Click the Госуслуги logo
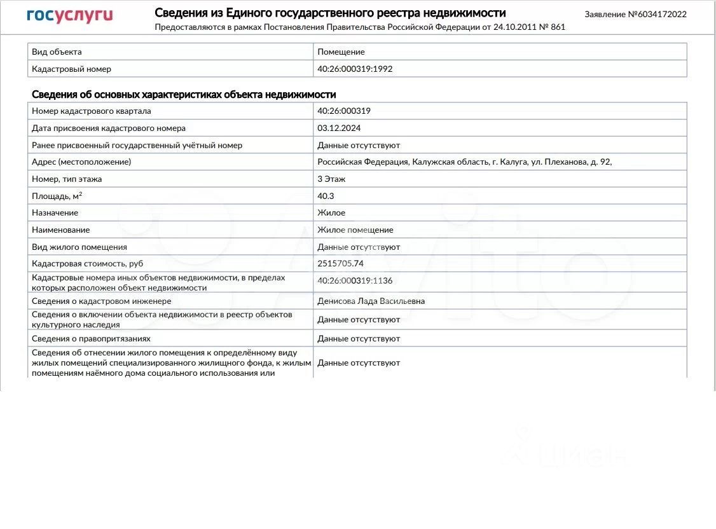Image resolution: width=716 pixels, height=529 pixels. coord(69,15)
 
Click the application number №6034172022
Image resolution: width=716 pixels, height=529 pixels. coord(636,14)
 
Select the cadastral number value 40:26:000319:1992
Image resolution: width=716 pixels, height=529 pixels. coord(355,69)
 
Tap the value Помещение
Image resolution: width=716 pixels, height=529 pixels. coord(341,52)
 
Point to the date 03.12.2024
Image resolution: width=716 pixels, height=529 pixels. coord(339,128)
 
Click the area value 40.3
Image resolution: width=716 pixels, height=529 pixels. coord(326,196)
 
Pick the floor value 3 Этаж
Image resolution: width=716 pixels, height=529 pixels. coord(331,179)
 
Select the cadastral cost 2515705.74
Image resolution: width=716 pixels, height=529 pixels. coord(340,263)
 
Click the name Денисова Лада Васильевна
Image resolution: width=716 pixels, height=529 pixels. coord(371,301)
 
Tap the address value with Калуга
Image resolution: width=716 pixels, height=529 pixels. coord(464,161)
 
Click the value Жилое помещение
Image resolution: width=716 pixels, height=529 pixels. coord(355,230)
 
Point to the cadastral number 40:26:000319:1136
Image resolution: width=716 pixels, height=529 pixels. coord(355,280)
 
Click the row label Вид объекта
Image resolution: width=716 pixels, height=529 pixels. coord(57,52)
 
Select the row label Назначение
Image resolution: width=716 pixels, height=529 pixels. coord(55,212)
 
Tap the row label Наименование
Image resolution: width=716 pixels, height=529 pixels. coord(60,230)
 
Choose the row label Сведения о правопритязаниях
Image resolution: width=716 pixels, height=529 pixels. coord(91,338)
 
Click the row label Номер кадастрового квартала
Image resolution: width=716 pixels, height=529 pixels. coord(91,111)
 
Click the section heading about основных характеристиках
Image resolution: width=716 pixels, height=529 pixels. coord(184,94)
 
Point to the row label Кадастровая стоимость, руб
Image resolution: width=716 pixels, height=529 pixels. coord(87,263)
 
